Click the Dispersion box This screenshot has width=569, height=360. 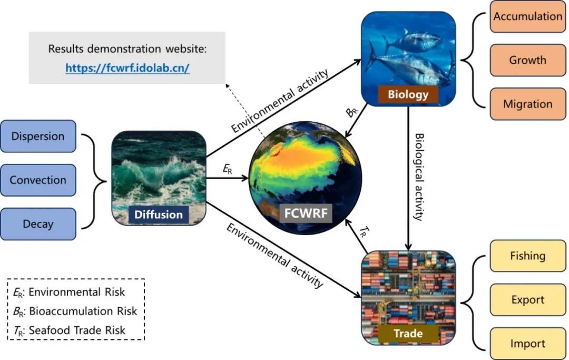point(38,136)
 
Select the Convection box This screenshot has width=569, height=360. point(38,180)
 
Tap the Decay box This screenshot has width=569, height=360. point(38,223)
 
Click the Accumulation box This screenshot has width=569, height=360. point(527,16)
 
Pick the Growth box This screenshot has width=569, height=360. point(527,60)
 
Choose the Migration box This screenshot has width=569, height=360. point(527,104)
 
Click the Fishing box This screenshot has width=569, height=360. point(527,256)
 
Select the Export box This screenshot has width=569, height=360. point(527,300)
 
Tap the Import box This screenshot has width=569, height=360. point(527,344)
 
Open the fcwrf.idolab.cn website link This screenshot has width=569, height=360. point(127,68)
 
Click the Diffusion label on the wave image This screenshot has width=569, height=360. point(159,215)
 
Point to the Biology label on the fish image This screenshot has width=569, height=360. point(408,95)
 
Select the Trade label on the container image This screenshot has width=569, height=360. point(408,333)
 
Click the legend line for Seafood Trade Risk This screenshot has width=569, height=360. point(75,330)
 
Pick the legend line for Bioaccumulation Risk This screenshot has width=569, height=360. point(75,311)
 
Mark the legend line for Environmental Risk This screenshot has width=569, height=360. point(75,292)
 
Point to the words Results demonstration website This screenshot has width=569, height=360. point(127,49)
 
